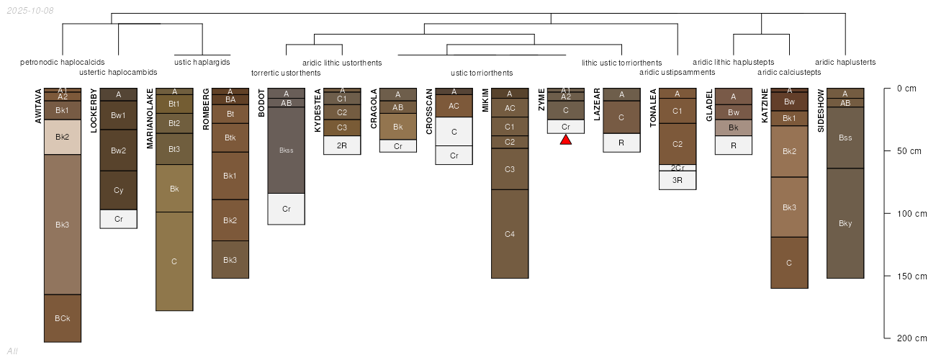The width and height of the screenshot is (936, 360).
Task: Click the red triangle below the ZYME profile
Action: [566, 140]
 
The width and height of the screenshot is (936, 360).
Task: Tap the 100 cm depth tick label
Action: [912, 214]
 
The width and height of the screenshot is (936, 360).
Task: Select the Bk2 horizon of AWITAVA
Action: [63, 137]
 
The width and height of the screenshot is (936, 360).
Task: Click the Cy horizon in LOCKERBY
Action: [119, 191]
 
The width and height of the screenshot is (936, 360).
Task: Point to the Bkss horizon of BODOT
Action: [287, 150]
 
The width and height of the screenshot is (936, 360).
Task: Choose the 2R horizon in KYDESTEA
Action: [342, 145]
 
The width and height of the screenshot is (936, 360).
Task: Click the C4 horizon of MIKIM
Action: [510, 234]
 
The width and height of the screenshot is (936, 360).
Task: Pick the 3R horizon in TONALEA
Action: [678, 181]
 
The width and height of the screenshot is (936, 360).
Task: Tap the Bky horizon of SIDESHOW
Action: [845, 223]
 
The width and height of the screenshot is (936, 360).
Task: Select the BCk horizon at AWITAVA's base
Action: [63, 318]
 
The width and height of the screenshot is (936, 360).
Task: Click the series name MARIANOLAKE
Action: [150, 119]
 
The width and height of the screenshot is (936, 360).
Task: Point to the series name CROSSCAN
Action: [429, 112]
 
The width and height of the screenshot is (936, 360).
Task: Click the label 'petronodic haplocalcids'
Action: [62, 62]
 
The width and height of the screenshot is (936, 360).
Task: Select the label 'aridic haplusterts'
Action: [845, 62]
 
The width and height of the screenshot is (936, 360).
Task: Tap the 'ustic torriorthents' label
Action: [482, 73]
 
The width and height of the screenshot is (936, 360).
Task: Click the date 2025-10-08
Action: [30, 11]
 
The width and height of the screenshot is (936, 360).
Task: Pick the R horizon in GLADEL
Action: [734, 145]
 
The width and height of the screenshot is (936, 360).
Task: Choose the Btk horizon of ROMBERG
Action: [230, 138]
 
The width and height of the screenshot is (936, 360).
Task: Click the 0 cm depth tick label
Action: [906, 89]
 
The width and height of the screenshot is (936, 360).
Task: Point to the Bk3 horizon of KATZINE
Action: [789, 207]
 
